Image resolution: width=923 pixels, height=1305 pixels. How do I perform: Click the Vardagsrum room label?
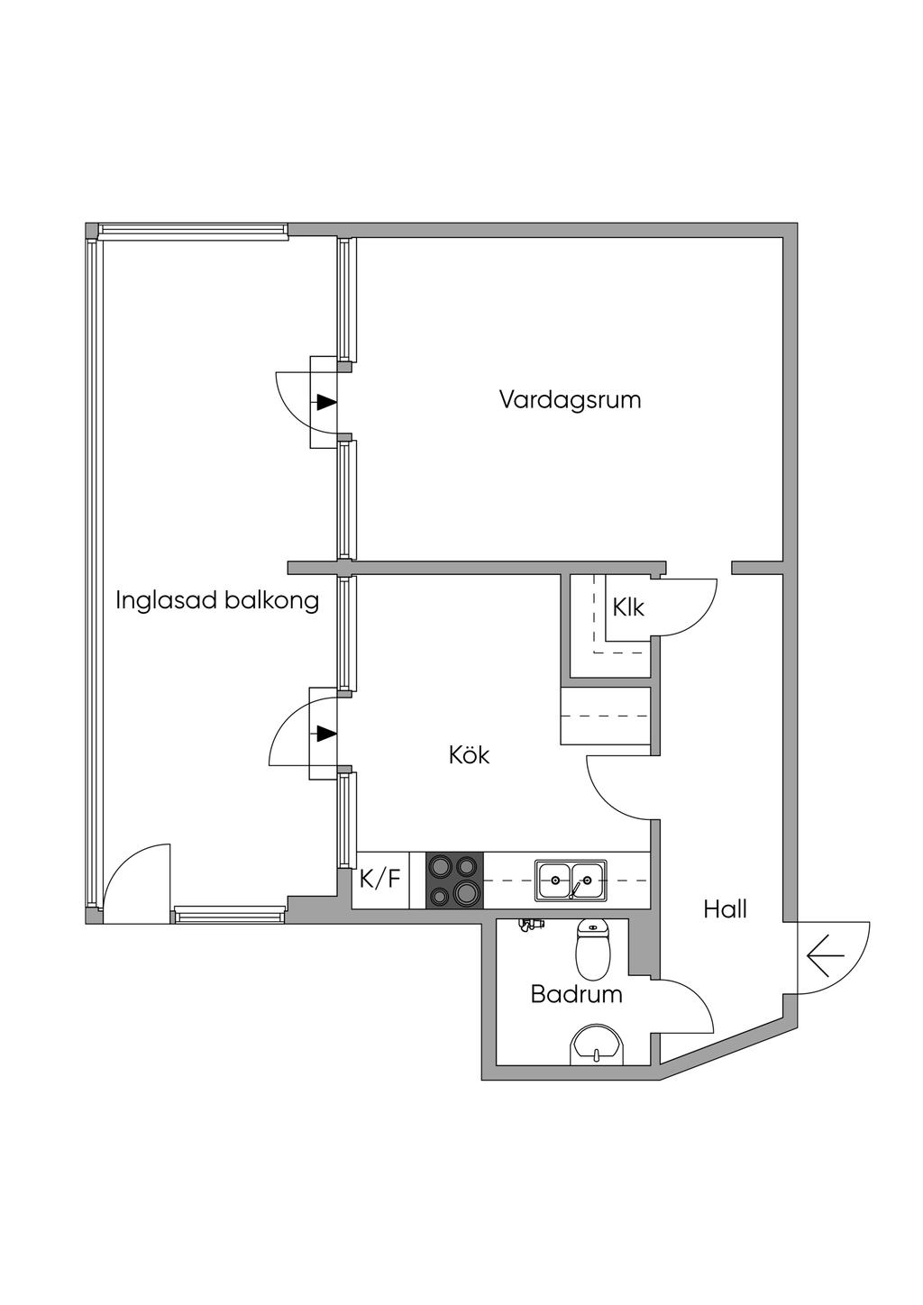570,400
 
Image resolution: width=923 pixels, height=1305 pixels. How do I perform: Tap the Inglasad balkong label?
217,600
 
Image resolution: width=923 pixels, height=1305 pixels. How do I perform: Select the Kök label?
469,755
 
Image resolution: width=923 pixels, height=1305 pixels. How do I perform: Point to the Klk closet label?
627,607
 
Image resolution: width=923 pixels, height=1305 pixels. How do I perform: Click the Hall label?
725,909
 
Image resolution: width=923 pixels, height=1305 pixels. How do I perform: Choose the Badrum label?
576,994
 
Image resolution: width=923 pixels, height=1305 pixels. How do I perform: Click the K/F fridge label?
380,879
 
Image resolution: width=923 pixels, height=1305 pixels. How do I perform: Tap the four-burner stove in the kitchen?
454,880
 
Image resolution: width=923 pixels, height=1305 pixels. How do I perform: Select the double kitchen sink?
571,880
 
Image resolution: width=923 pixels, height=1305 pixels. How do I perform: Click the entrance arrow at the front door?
826,955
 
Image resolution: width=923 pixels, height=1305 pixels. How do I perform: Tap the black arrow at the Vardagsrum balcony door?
327,401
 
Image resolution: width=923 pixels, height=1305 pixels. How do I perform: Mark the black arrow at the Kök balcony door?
327,734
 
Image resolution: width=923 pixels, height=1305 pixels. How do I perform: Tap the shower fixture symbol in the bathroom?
530,924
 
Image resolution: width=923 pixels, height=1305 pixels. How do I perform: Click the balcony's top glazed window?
192,231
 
